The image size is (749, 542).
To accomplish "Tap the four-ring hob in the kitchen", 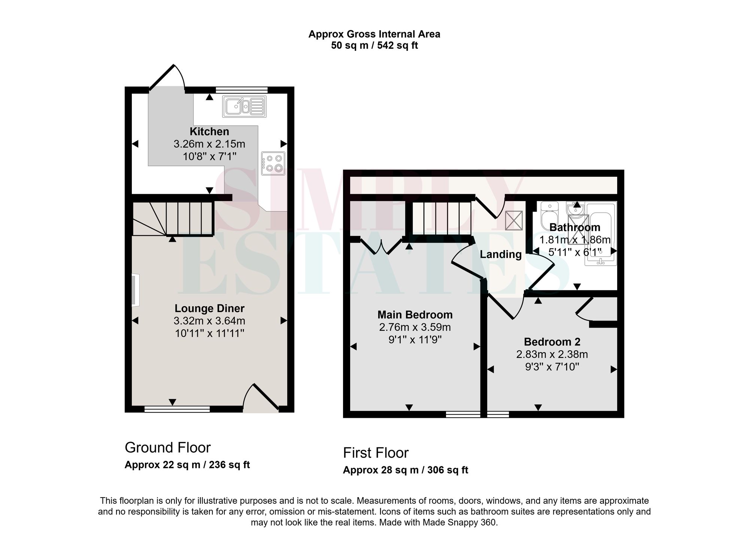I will (x=273, y=163).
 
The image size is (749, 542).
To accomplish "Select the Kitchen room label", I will (x=209, y=132).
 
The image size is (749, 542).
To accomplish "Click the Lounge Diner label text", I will (x=209, y=308).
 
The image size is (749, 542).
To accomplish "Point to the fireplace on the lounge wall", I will (x=135, y=290).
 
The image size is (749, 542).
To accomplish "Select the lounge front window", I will (x=177, y=409).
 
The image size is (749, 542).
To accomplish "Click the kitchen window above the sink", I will (x=242, y=90).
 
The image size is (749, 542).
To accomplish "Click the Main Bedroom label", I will (x=415, y=315).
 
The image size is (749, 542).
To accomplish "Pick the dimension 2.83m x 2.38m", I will (x=552, y=354).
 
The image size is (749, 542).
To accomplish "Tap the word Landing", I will (x=501, y=255).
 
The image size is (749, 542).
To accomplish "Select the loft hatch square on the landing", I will (x=514, y=220).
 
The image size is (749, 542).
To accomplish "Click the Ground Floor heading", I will (x=167, y=447).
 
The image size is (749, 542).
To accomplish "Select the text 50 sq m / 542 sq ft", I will (x=374, y=46).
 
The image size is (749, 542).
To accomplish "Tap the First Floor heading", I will (x=376, y=453).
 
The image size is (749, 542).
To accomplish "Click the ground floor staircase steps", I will (x=189, y=219).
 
